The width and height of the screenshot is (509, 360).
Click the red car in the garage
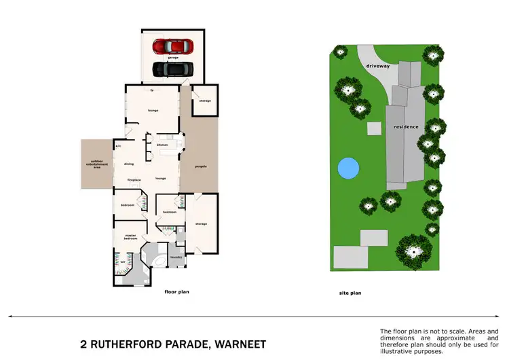[x=172, y=46]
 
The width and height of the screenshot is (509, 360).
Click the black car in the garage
[x=172, y=69]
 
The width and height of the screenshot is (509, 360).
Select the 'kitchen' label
[x=162, y=145]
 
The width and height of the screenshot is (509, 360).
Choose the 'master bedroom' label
[x=130, y=237]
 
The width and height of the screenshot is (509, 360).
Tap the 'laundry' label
[x=175, y=257]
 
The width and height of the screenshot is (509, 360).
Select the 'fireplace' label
[x=134, y=179]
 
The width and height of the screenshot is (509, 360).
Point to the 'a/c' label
[x=118, y=146]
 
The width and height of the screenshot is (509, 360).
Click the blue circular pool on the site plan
[x=347, y=167]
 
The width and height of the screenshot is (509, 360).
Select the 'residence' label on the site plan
[x=406, y=127]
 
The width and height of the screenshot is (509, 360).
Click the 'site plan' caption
[x=350, y=293]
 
